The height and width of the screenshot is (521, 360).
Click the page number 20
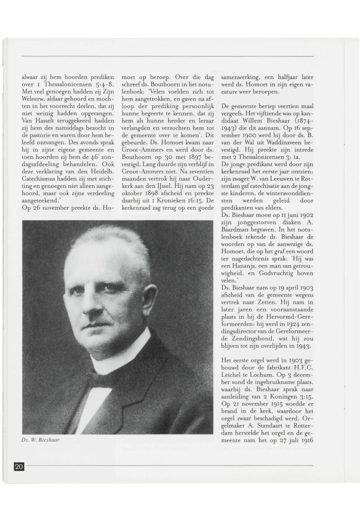(19, 467)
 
